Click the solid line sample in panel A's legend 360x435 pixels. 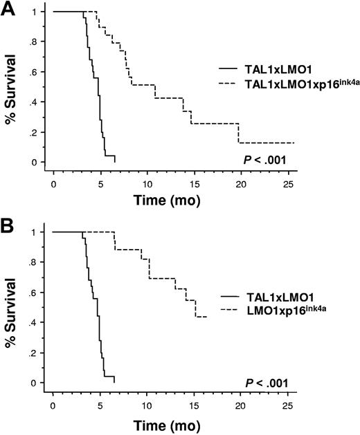click(228, 68)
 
